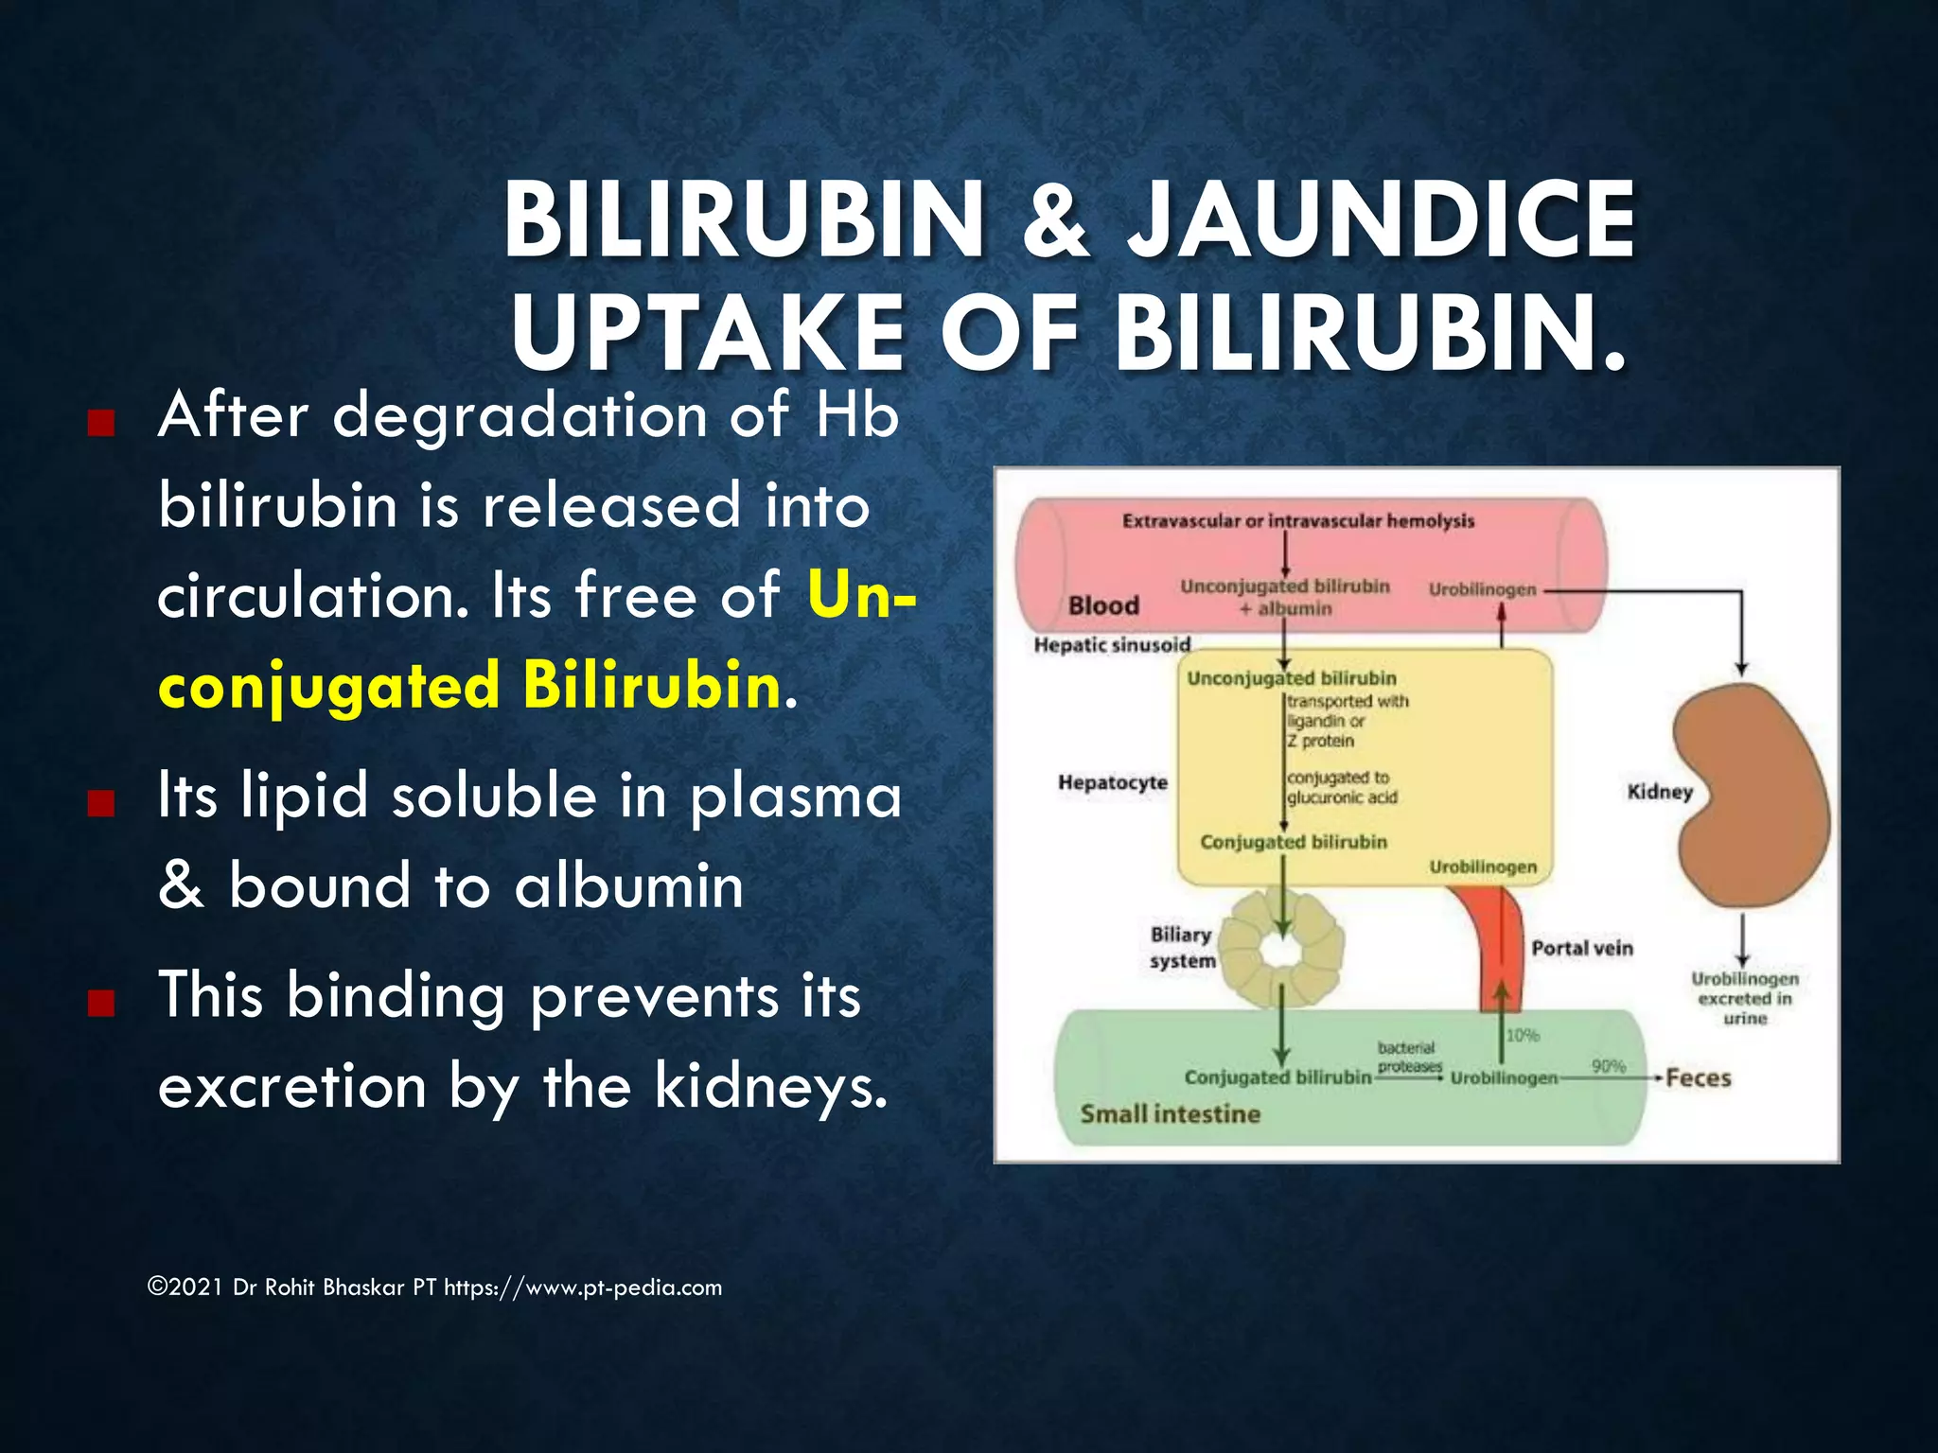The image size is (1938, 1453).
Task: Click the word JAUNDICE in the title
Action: coord(1381,219)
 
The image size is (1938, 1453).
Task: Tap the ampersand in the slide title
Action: coord(1056,221)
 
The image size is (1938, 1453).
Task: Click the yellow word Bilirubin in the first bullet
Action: coord(652,685)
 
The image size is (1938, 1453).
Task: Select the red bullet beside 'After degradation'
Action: coord(101,422)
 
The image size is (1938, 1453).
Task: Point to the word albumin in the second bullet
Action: coord(629,887)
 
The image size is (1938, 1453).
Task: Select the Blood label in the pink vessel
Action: coord(1103,605)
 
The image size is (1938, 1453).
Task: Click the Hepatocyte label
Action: coord(1113,782)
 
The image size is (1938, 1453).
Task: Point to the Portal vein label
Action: coord(1582,948)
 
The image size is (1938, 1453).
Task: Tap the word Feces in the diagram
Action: coord(1699,1078)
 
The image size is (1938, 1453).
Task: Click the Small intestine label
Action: coord(1171,1113)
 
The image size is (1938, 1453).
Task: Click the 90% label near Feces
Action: coord(1608,1066)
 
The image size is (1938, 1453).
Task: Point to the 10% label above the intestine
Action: coord(1523,1036)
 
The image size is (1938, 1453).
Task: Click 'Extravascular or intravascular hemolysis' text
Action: coord(1298,521)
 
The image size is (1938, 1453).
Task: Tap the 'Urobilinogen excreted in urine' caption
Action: coord(1745,998)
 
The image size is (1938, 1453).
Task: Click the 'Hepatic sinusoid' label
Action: coord(1112,645)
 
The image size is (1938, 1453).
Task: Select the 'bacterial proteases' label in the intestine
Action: coord(1408,1057)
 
